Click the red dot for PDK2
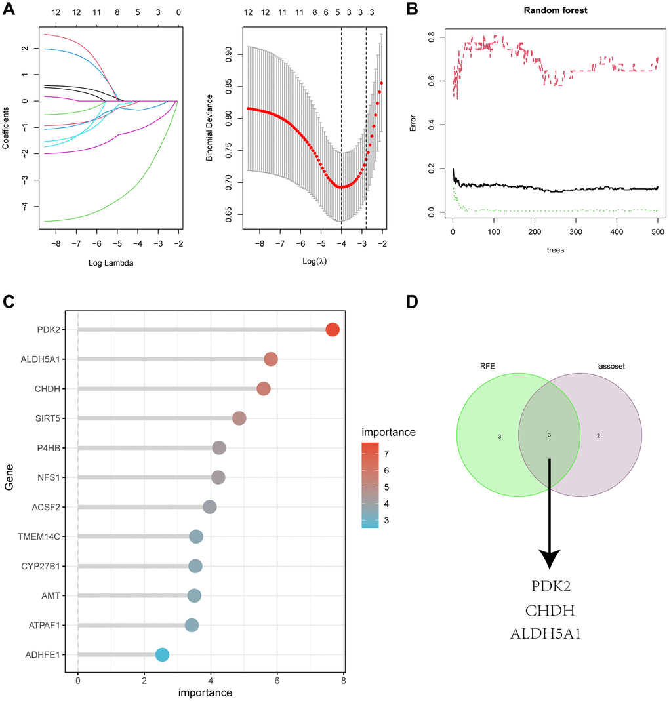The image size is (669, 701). click(333, 330)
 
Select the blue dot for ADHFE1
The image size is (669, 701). click(162, 654)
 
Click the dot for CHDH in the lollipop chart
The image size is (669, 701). click(263, 389)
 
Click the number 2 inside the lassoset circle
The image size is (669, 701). click(598, 435)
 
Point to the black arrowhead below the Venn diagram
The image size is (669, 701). click(549, 559)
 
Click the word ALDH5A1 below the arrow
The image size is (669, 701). click(550, 635)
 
